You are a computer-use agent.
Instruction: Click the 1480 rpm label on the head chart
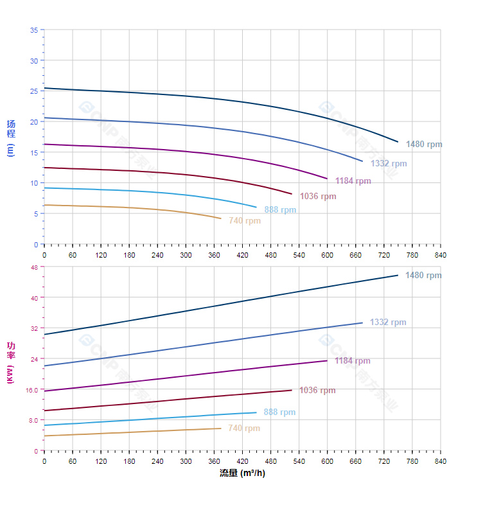click(x=424, y=145)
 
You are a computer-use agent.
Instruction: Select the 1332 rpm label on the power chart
click(x=388, y=322)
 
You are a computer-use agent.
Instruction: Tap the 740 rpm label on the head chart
click(x=245, y=221)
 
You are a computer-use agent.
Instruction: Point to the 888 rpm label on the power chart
click(x=279, y=412)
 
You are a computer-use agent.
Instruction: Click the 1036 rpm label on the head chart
click(x=318, y=197)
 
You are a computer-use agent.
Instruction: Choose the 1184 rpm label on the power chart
click(x=352, y=361)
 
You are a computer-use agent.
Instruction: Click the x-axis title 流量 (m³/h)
click(x=242, y=473)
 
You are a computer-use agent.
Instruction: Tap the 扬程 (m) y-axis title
click(x=10, y=137)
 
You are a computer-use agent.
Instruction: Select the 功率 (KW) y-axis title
click(x=10, y=362)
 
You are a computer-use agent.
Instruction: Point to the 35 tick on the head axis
click(x=34, y=30)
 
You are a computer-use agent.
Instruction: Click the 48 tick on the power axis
click(x=34, y=267)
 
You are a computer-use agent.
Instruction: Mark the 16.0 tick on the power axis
click(x=32, y=390)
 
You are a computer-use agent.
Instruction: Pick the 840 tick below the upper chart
click(x=441, y=255)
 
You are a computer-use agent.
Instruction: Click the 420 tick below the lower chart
click(x=242, y=461)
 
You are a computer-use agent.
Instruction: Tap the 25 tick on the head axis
click(x=34, y=91)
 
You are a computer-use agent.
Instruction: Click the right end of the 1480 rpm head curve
click(x=398, y=141)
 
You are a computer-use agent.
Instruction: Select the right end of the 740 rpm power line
click(x=220, y=428)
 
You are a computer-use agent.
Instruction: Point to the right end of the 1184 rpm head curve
click(x=327, y=179)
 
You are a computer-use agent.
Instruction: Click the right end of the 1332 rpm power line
click(x=362, y=322)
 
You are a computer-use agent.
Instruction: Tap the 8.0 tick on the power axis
click(x=33, y=420)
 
